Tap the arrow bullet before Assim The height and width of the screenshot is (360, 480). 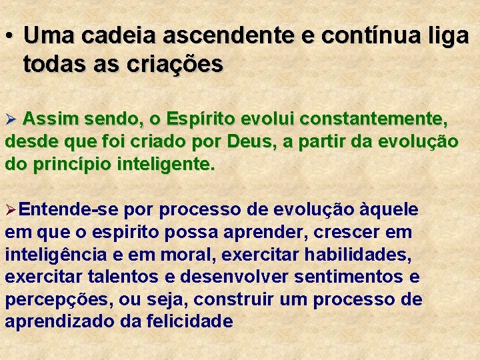pos(10,121)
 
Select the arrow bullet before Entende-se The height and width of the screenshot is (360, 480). pos(10,211)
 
